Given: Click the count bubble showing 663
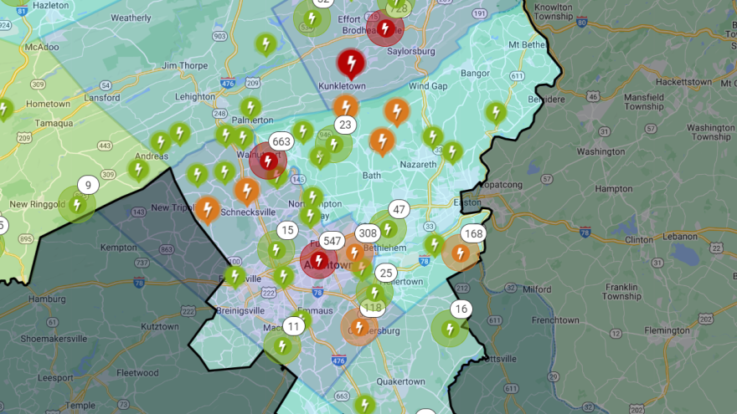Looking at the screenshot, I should tap(281, 141).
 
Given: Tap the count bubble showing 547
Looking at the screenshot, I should tap(332, 241).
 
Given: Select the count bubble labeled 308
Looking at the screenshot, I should tap(368, 233).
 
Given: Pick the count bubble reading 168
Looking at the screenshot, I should tap(473, 233).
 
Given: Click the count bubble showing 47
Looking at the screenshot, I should tap(399, 210).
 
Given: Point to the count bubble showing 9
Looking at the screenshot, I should tap(88, 185).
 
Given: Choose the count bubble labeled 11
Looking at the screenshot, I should tap(294, 326).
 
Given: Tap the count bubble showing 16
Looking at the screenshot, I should tap(461, 309).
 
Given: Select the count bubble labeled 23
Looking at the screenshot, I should tap(345, 125).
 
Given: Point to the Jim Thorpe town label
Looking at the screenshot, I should tap(184, 65).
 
